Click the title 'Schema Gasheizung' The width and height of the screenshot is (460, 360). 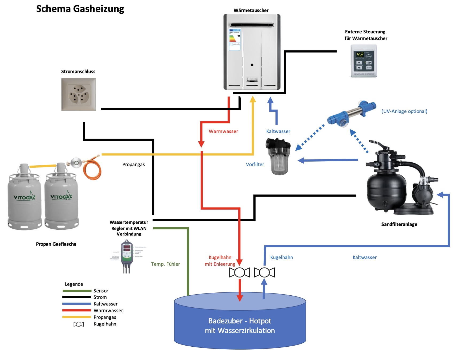tap(80, 9)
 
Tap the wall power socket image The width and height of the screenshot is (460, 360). tap(79, 94)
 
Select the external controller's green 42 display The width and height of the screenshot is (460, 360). tap(360, 54)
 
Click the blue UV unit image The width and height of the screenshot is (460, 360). tap(351, 114)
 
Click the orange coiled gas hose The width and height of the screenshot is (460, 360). tap(92, 168)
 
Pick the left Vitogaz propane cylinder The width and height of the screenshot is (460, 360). tap(25, 199)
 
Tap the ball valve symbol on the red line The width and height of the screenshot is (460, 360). tap(240, 272)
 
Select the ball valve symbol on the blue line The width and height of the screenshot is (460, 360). tap(264, 272)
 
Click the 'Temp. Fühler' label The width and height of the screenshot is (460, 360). tap(165, 264)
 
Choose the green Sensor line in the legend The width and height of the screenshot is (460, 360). tap(77, 291)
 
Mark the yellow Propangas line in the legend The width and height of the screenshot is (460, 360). tap(77, 317)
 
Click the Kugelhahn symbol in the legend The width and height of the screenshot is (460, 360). tap(79, 324)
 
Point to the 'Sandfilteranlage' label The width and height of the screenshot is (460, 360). tap(399, 224)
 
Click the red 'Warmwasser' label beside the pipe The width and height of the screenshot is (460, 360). tap(223, 131)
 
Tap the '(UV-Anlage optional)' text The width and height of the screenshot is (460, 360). tap(404, 111)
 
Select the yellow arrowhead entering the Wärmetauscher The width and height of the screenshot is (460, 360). tap(253, 99)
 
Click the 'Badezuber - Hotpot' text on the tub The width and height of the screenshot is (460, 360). tap(240, 321)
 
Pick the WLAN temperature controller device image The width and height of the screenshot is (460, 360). tap(127, 255)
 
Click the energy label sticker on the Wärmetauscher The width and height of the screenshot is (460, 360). tap(235, 40)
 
